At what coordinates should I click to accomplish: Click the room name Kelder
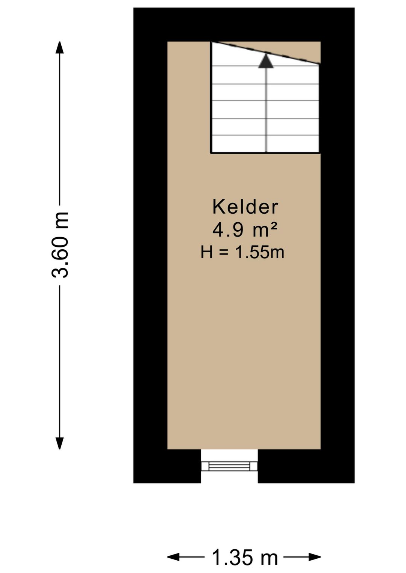[x=245, y=207]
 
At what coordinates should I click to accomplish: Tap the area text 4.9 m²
[x=245, y=230]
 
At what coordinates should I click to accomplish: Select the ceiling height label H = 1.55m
[x=242, y=252]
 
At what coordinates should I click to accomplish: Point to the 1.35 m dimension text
[x=245, y=557]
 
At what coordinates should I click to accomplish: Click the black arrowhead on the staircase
[x=266, y=61]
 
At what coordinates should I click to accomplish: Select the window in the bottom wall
[x=229, y=466]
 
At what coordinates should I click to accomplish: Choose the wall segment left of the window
[x=167, y=466]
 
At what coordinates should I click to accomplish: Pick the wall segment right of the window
[x=306, y=466]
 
